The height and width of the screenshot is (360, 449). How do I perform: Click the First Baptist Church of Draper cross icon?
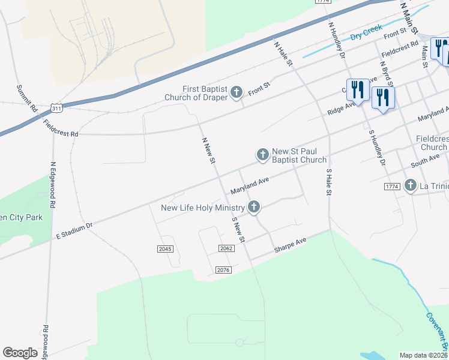point(237,92)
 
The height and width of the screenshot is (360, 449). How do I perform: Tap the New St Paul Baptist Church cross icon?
point(262,155)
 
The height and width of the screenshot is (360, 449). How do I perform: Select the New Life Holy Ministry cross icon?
point(254,208)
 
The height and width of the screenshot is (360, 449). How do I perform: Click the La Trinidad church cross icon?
point(411,185)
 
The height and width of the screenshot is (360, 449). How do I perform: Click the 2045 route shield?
point(164,248)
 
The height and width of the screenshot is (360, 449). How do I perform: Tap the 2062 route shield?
point(226,248)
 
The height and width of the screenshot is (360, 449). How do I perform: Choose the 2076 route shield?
point(223,270)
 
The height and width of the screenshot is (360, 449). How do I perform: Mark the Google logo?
point(20,353)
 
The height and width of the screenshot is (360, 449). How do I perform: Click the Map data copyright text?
point(424,355)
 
